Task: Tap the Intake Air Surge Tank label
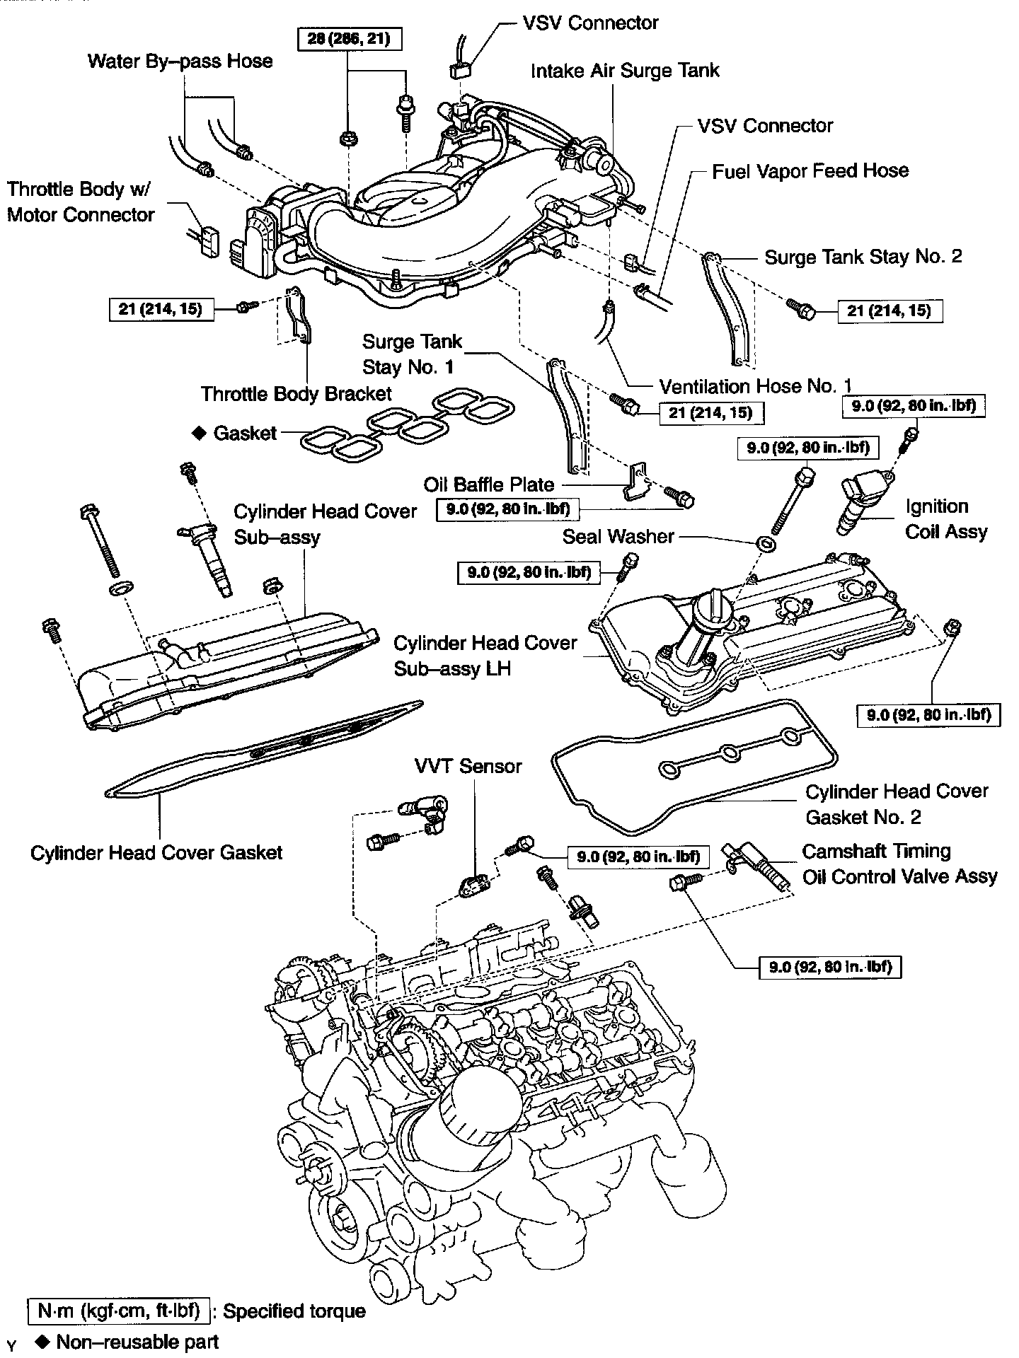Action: pyautogui.click(x=625, y=71)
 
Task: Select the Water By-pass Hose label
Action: pyautogui.click(x=180, y=61)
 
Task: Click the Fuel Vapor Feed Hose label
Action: pyautogui.click(x=810, y=171)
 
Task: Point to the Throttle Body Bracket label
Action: pyautogui.click(x=296, y=394)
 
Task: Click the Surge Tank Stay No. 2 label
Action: pyautogui.click(x=863, y=257)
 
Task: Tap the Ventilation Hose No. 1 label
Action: pyautogui.click(x=755, y=386)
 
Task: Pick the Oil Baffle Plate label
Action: pyautogui.click(x=488, y=484)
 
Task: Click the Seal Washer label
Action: pyautogui.click(x=618, y=536)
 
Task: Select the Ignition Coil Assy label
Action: pyautogui.click(x=945, y=519)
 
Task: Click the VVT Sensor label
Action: pyautogui.click(x=468, y=766)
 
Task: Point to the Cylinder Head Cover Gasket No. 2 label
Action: pyautogui.click(x=897, y=804)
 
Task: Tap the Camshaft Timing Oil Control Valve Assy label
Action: pyautogui.click(x=899, y=864)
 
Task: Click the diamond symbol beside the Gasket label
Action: pyautogui.click(x=199, y=432)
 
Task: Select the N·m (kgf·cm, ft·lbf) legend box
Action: pyautogui.click(x=119, y=1311)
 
